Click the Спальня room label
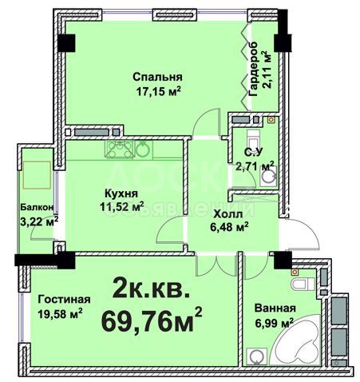(158, 77)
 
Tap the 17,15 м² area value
(157, 91)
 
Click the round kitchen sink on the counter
(143, 148)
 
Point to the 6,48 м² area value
(229, 226)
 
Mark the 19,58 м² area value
(61, 313)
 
